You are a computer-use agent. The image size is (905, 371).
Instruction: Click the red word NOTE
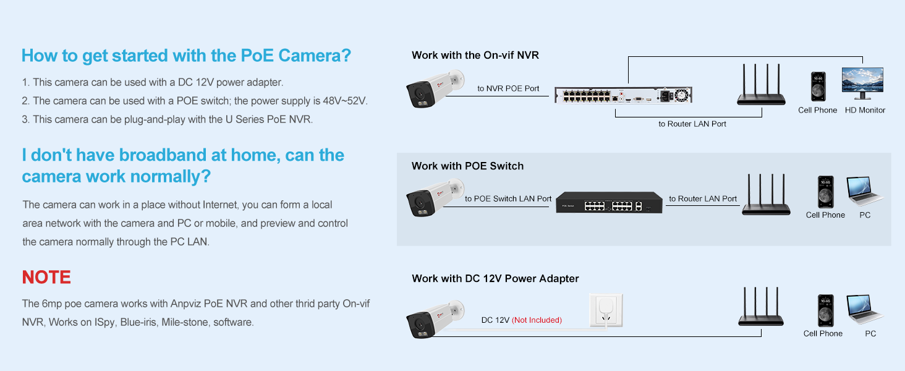coord(46,277)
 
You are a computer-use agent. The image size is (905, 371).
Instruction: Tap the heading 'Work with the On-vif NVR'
coord(475,55)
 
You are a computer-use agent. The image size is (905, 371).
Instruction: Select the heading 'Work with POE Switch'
coord(467,166)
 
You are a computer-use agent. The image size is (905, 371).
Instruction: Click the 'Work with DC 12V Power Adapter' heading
coord(495,278)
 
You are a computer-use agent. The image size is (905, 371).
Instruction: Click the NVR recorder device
coord(622,95)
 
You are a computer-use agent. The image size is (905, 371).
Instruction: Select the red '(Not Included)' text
coord(537,320)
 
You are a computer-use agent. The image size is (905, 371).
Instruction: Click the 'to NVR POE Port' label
coord(508,88)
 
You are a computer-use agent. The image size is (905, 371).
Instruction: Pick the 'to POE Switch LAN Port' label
coord(508,198)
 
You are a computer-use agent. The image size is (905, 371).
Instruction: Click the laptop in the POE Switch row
coord(865,192)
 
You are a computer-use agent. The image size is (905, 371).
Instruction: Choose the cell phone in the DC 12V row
coord(822,310)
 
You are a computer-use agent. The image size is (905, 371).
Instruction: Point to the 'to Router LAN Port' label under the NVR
coord(692,124)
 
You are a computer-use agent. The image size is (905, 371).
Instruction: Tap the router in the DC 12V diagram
coord(761,308)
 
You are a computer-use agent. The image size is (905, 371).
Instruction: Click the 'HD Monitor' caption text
coord(865,110)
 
